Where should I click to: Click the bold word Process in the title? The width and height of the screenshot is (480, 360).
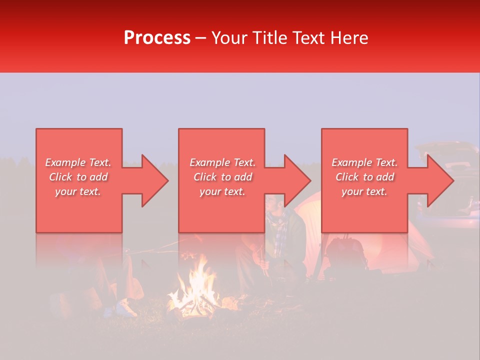tap(157, 38)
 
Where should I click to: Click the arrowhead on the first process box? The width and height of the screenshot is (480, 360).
tap(152, 180)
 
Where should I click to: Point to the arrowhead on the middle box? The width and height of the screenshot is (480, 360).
tap(295, 180)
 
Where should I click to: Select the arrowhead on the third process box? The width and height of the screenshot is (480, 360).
tap(438, 180)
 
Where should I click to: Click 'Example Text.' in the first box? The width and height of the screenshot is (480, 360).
tap(78, 162)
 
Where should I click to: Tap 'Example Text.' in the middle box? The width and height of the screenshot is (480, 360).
tap(222, 162)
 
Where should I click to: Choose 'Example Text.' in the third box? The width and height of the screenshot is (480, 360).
tap(364, 162)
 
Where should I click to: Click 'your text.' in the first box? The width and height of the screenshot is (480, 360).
tap(78, 191)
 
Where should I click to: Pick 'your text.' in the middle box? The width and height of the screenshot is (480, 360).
tap(222, 191)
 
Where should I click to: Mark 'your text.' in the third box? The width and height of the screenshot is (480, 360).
tap(364, 191)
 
